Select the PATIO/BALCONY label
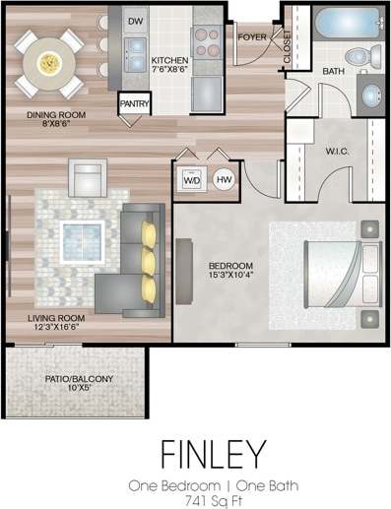pos(79,379)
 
